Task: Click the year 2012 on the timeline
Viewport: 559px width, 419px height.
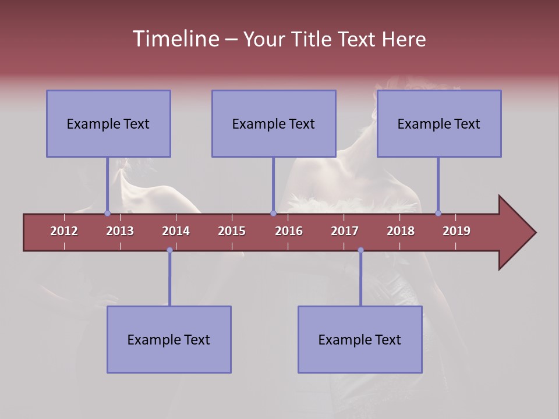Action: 64,231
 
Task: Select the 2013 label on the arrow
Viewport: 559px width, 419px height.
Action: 120,231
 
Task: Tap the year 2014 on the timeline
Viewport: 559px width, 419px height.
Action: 176,231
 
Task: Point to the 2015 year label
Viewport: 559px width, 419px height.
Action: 232,231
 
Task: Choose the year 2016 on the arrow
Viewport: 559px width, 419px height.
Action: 289,231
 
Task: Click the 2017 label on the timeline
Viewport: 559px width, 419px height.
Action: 345,231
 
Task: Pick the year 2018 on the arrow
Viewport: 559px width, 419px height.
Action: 401,231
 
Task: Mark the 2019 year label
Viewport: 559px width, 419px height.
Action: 457,231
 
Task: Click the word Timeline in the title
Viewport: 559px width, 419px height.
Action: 175,39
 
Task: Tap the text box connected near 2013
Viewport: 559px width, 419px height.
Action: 108,123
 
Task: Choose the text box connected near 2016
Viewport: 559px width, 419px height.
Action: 274,123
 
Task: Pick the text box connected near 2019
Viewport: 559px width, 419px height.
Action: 439,123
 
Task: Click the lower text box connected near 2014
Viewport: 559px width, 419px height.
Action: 169,339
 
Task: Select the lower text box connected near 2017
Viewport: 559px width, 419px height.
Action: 360,339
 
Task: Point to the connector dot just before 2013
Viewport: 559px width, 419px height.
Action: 108,214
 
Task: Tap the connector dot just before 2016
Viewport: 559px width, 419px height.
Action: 273,214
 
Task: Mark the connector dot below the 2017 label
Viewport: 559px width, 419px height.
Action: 360,250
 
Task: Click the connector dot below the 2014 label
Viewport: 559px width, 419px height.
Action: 169,250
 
